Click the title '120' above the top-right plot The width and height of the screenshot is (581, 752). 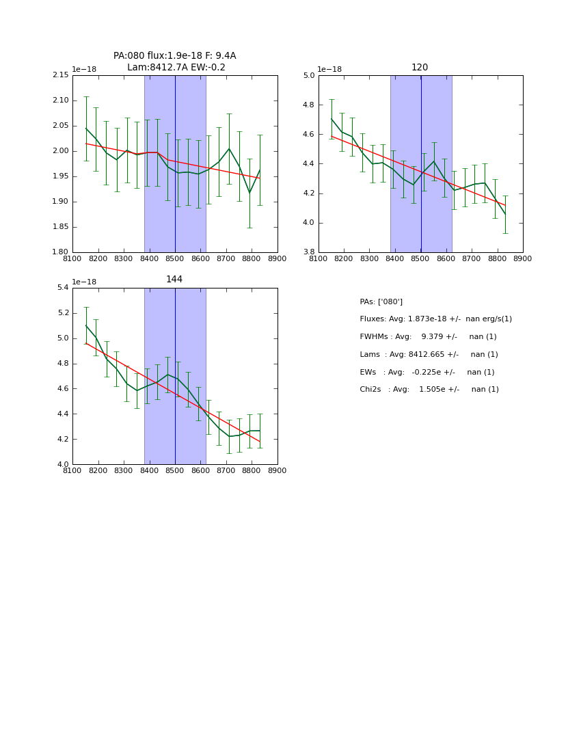click(420, 68)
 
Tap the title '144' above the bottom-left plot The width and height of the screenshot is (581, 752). click(174, 280)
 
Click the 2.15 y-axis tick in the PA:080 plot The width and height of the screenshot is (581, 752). click(61, 75)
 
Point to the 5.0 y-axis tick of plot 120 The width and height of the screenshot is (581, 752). click(308, 75)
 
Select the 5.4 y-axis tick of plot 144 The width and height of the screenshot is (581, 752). click(62, 288)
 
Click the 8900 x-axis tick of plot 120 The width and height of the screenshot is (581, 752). click(523, 259)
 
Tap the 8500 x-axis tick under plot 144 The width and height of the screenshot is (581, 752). click(175, 471)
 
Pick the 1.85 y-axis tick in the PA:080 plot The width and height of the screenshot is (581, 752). click(61, 227)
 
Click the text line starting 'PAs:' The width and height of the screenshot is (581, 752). click(381, 301)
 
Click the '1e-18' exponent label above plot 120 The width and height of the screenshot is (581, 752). click(329, 70)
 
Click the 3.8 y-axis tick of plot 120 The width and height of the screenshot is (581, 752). click(308, 252)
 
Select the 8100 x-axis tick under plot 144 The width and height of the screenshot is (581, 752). click(72, 471)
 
